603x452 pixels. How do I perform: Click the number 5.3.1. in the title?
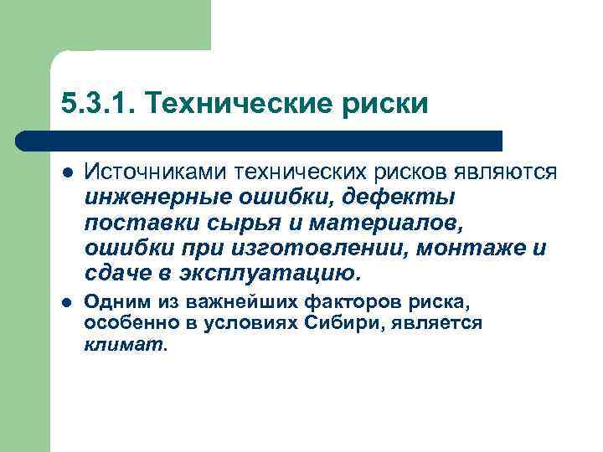[95, 104]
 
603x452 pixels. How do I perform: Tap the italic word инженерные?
[146, 198]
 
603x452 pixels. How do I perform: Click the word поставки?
[129, 223]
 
